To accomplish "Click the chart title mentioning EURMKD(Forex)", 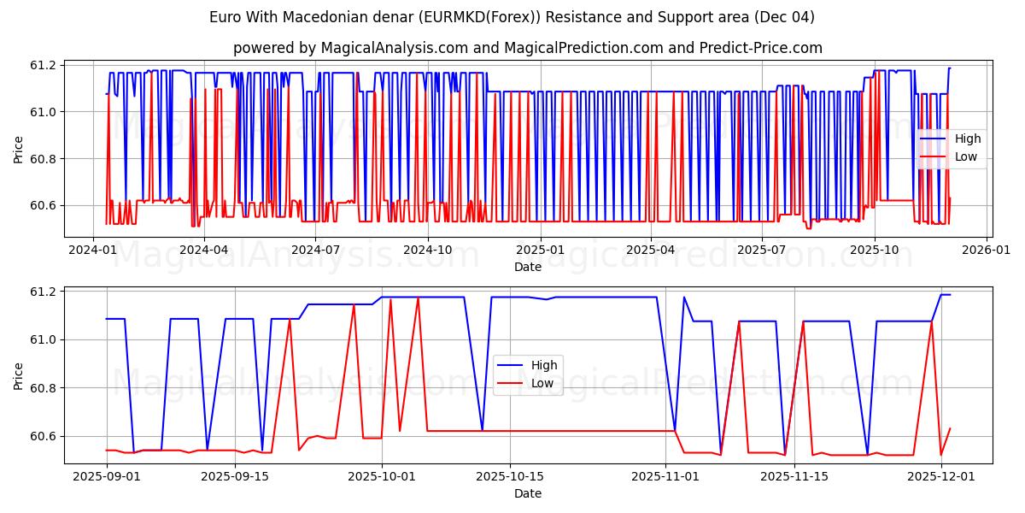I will [x=512, y=17].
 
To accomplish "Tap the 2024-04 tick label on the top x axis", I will [x=204, y=250].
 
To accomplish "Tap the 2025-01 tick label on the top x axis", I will [x=540, y=250].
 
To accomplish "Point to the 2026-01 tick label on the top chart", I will [x=987, y=250].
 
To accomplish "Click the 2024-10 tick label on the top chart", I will [x=428, y=250].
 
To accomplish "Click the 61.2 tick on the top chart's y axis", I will [x=43, y=65].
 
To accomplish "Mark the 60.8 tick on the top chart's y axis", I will [x=43, y=159].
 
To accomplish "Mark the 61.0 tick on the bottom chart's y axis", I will [x=43, y=340].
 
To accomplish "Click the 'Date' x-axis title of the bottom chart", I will [x=528, y=493].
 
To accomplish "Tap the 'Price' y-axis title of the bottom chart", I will [x=19, y=375].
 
